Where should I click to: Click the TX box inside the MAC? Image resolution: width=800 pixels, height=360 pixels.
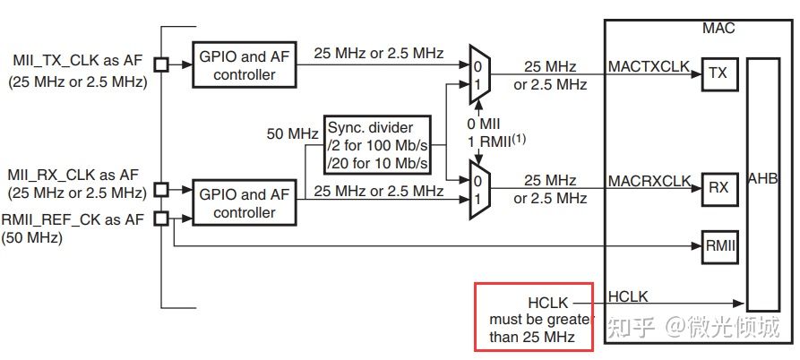click(x=718, y=74)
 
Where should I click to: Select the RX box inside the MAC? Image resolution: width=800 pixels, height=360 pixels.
click(x=718, y=188)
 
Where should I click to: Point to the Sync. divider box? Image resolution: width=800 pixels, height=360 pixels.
click(x=377, y=144)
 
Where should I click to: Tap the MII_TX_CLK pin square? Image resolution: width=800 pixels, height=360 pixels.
click(x=161, y=64)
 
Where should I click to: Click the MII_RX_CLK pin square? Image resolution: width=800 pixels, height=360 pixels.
click(x=161, y=189)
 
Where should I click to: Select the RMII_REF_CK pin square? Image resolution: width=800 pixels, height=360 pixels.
click(x=161, y=218)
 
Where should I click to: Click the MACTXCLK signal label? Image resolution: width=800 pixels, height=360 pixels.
click(x=649, y=66)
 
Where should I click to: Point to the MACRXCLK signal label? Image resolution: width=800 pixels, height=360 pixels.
click(x=649, y=180)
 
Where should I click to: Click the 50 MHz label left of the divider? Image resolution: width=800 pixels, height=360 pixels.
click(x=293, y=134)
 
